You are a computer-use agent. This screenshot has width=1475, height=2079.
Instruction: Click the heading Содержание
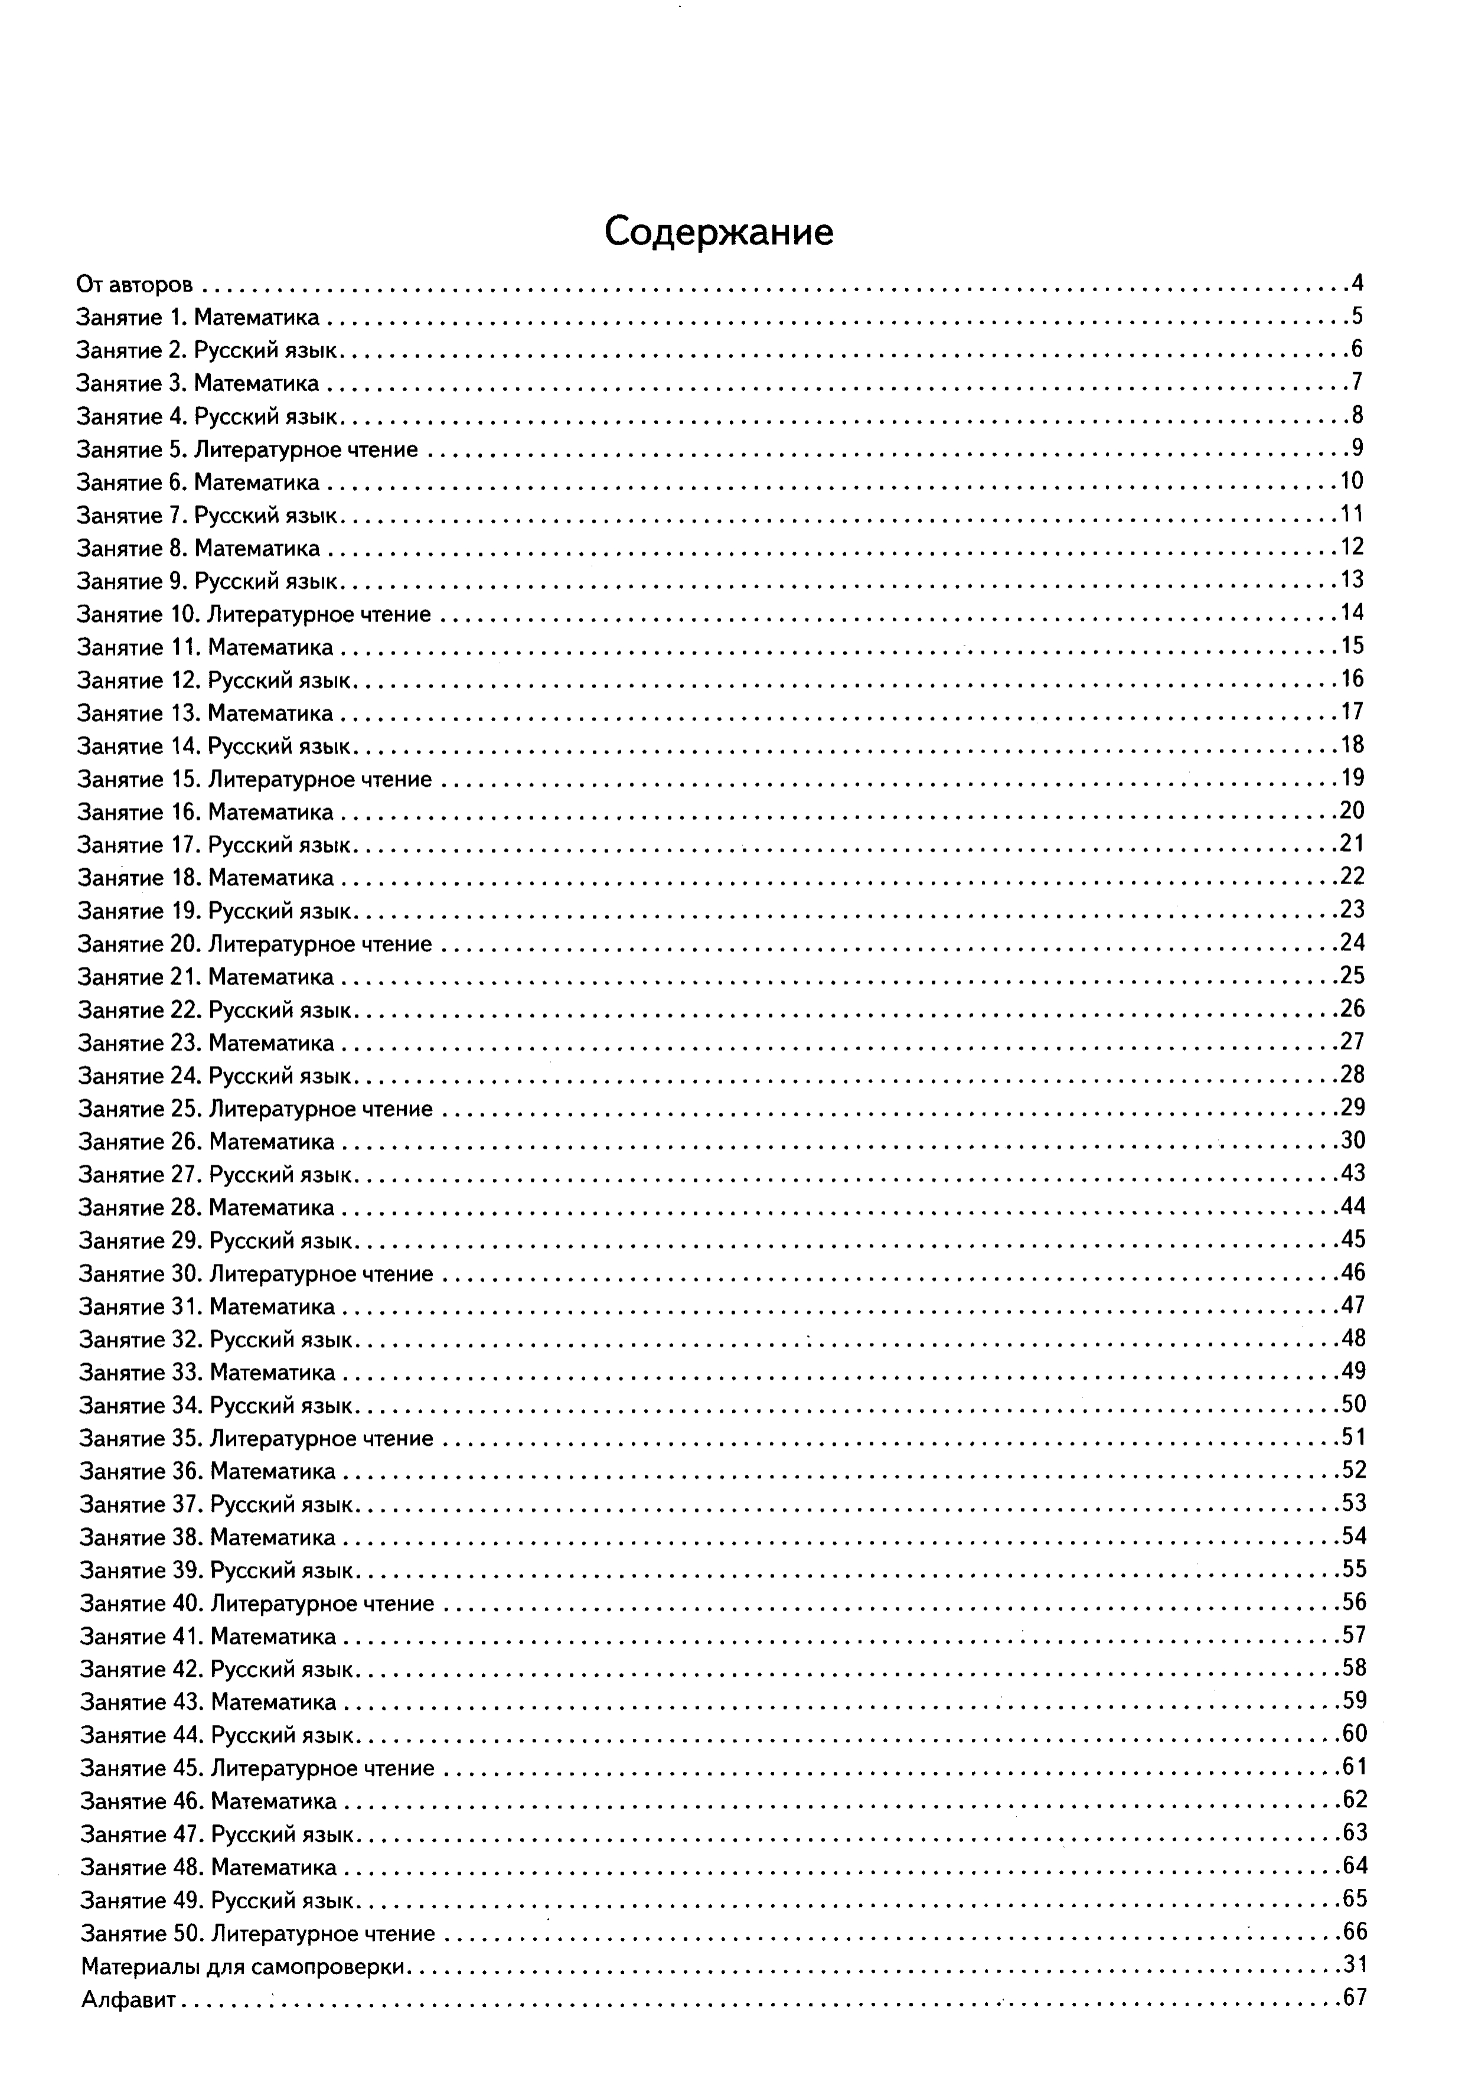click(x=719, y=233)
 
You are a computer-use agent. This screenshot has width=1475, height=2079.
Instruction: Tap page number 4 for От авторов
click(x=1357, y=283)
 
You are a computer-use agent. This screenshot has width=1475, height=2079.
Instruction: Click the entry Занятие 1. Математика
click(x=198, y=318)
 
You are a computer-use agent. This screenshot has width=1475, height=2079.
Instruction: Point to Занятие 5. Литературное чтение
click(x=247, y=449)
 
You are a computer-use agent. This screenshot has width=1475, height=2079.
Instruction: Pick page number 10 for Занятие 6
click(x=1352, y=480)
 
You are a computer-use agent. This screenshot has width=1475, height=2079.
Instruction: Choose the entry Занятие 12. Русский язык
click(x=216, y=680)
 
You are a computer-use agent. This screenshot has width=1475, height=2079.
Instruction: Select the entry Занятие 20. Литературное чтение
click(x=254, y=944)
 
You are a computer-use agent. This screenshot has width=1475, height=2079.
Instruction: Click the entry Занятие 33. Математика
click(x=207, y=1373)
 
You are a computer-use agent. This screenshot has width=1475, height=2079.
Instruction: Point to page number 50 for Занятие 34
click(x=1353, y=1404)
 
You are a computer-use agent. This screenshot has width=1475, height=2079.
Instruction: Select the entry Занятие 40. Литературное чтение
click(x=257, y=1603)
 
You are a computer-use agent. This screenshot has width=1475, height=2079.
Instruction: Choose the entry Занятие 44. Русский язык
click(x=217, y=1736)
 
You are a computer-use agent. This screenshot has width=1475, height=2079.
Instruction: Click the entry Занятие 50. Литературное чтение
click(x=258, y=1933)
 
